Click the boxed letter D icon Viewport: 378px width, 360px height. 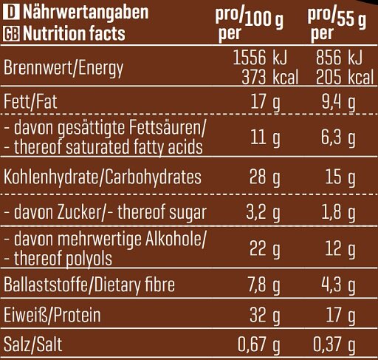(x=11, y=13)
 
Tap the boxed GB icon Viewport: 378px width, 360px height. (x=11, y=34)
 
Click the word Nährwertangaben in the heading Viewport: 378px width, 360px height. (x=86, y=13)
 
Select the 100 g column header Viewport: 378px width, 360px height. (x=250, y=24)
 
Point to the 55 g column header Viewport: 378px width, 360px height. (x=337, y=24)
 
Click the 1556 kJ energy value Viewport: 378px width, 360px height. (x=260, y=58)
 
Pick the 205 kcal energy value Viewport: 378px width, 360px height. (x=345, y=78)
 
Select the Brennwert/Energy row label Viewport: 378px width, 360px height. (x=63, y=68)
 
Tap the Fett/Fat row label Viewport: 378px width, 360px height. (x=30, y=101)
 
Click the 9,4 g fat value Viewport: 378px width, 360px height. (x=339, y=102)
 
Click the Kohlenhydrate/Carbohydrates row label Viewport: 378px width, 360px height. (x=103, y=177)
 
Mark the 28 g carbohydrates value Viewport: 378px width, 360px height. (x=265, y=177)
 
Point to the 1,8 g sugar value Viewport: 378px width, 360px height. (x=339, y=212)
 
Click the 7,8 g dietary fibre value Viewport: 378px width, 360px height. (x=264, y=285)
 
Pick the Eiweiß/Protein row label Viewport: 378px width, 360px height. (x=52, y=315)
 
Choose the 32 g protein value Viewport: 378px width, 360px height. (x=265, y=315)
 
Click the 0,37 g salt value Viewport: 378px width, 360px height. (x=334, y=344)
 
